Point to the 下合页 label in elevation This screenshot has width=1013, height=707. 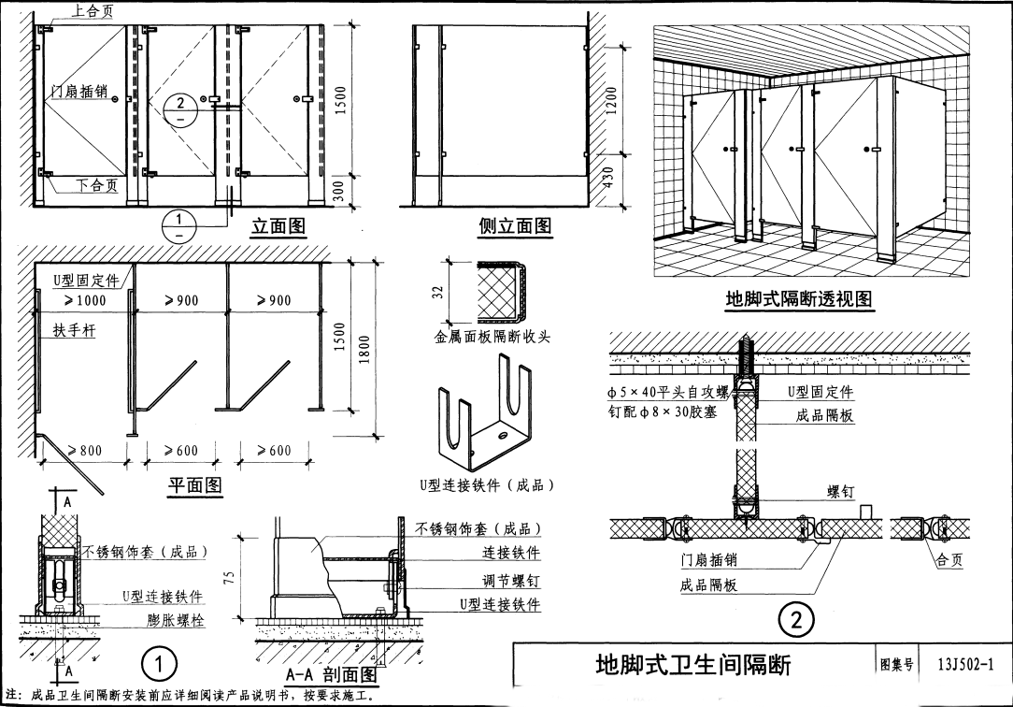click(99, 185)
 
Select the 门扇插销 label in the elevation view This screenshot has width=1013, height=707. click(80, 92)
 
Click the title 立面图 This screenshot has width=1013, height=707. click(278, 225)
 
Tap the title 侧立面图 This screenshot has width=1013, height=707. click(515, 225)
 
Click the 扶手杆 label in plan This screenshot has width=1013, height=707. click(74, 330)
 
